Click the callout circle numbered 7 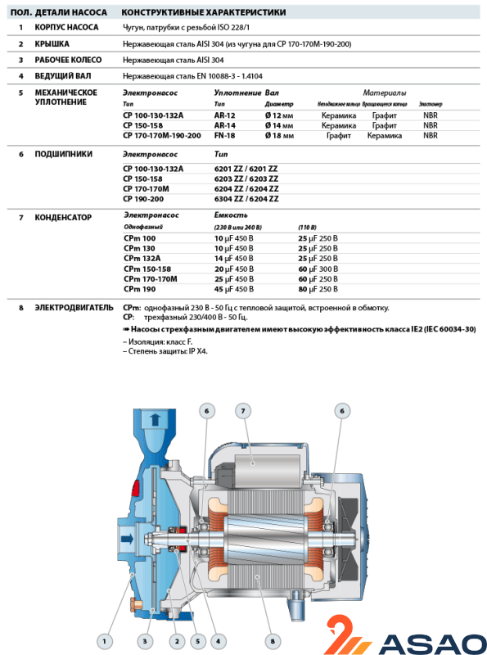pyautogui.click(x=243, y=411)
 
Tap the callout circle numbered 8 pyautogui.click(x=273, y=641)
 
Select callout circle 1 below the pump pyautogui.click(x=105, y=641)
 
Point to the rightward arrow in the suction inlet pyautogui.click(x=127, y=539)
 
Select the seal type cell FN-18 pyautogui.click(x=225, y=135)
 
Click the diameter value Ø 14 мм pyautogui.click(x=279, y=125)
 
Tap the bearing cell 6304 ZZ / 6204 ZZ pyautogui.click(x=246, y=199)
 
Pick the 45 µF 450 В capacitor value pyautogui.click(x=234, y=289)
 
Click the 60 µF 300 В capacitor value pyautogui.click(x=318, y=269)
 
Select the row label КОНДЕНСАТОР pyautogui.click(x=63, y=217)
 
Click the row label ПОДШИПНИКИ pyautogui.click(x=64, y=154)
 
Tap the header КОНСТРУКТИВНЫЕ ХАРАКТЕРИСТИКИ pyautogui.click(x=204, y=12)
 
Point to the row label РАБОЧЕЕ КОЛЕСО pyautogui.click(x=68, y=60)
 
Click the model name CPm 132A pyautogui.click(x=142, y=259)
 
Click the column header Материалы pyautogui.click(x=384, y=93)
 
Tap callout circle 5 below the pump pyautogui.click(x=197, y=641)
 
